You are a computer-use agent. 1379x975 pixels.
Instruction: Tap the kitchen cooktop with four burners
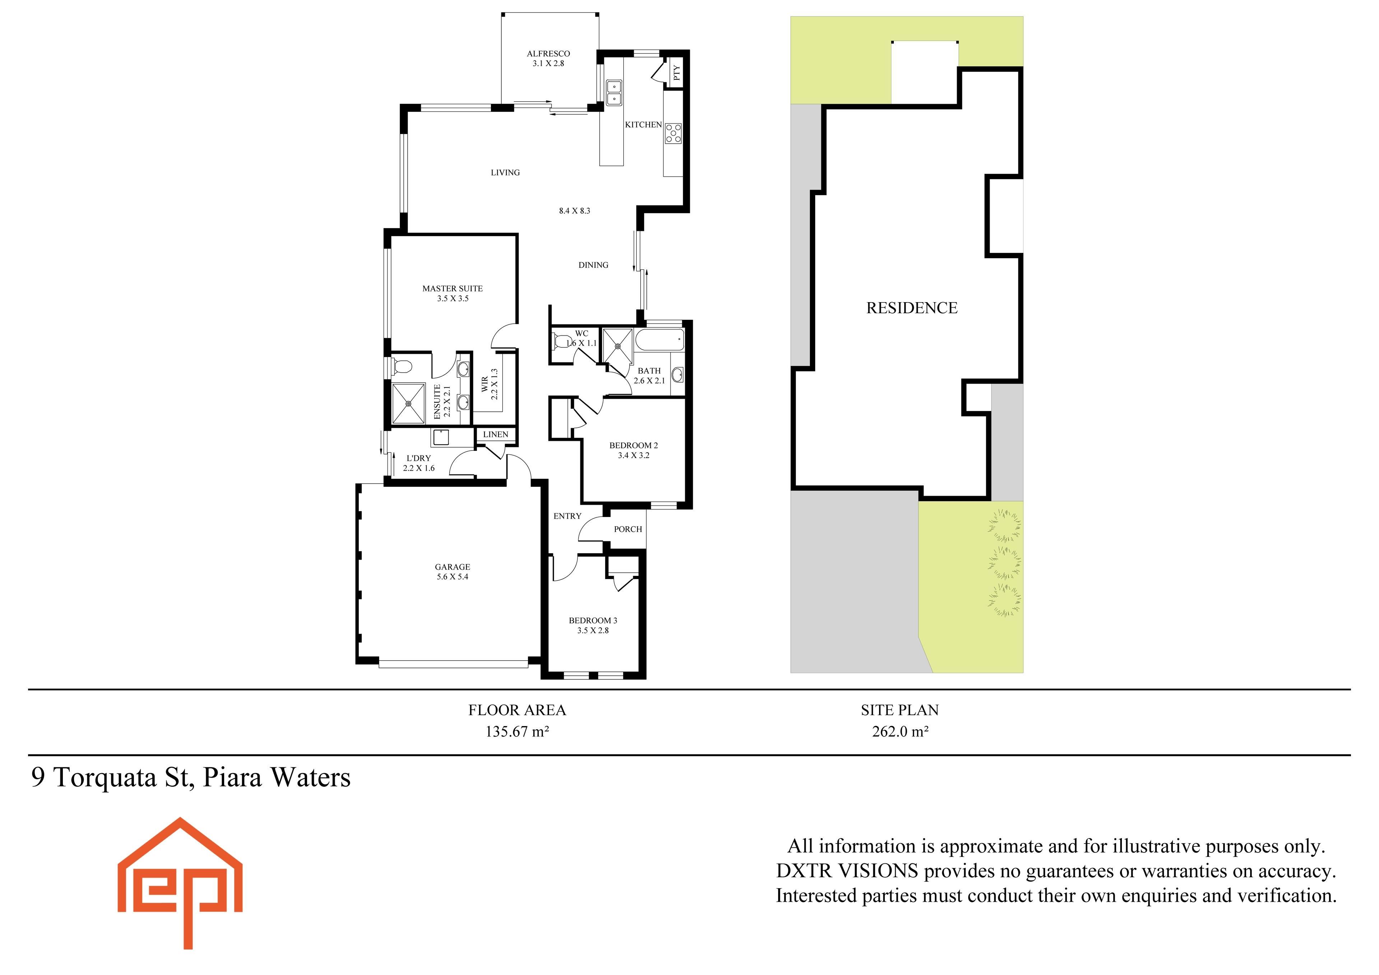tap(673, 133)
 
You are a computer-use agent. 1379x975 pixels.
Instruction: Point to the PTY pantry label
tap(677, 73)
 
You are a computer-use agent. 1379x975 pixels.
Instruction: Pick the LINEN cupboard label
tap(496, 434)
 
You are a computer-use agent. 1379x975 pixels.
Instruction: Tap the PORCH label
tap(628, 529)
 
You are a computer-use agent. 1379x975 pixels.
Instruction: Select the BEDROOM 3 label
tap(593, 620)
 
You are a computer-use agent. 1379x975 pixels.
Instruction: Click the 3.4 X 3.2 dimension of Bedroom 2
tap(633, 456)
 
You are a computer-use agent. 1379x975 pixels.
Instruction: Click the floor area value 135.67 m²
tap(517, 732)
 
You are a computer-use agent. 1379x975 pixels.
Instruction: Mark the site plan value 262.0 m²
tap(900, 732)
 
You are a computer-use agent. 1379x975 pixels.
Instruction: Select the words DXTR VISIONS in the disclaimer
tap(847, 871)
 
